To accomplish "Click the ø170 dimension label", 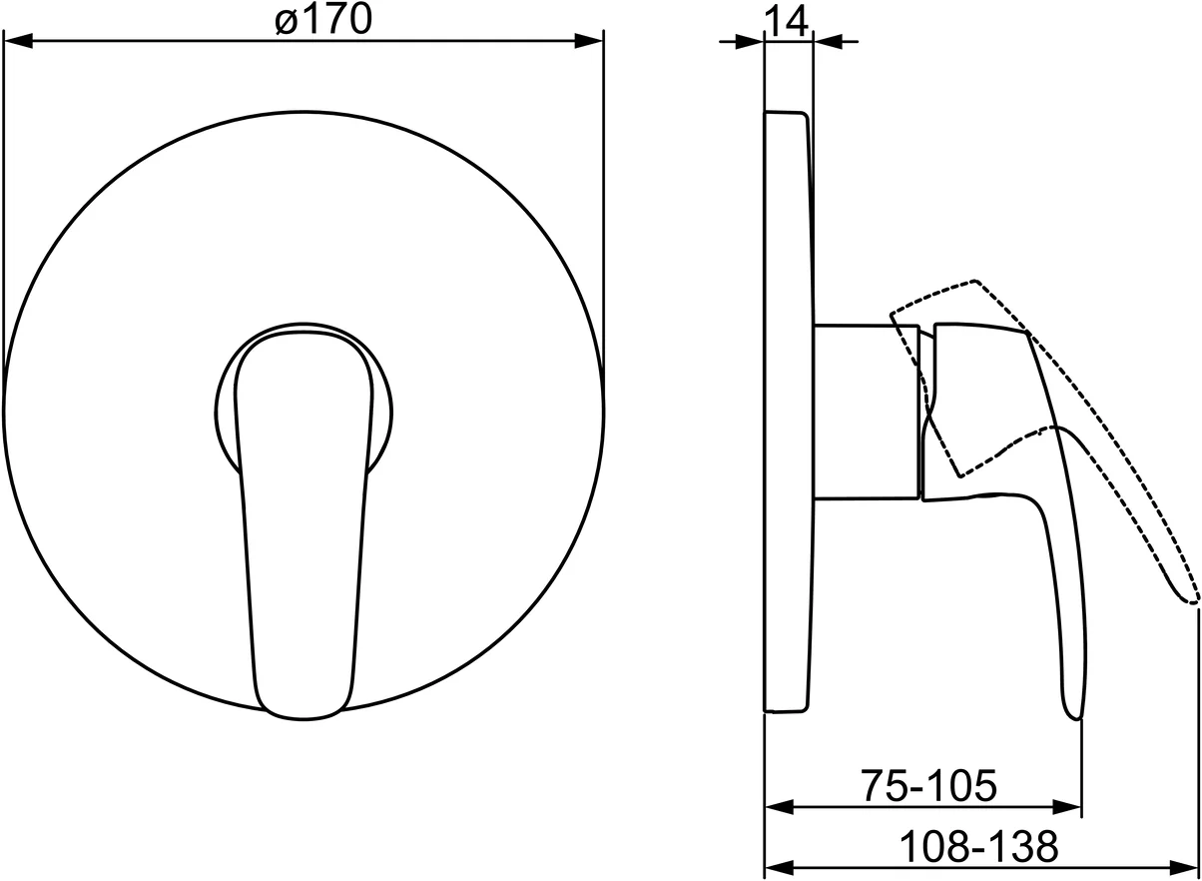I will click(x=321, y=20).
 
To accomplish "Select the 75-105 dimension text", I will click(x=928, y=786).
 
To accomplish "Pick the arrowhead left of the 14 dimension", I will click(x=750, y=42).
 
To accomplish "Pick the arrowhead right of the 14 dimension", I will click(x=827, y=42).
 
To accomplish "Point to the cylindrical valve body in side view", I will click(x=865, y=411).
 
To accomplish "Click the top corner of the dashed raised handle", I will click(x=974, y=281).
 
